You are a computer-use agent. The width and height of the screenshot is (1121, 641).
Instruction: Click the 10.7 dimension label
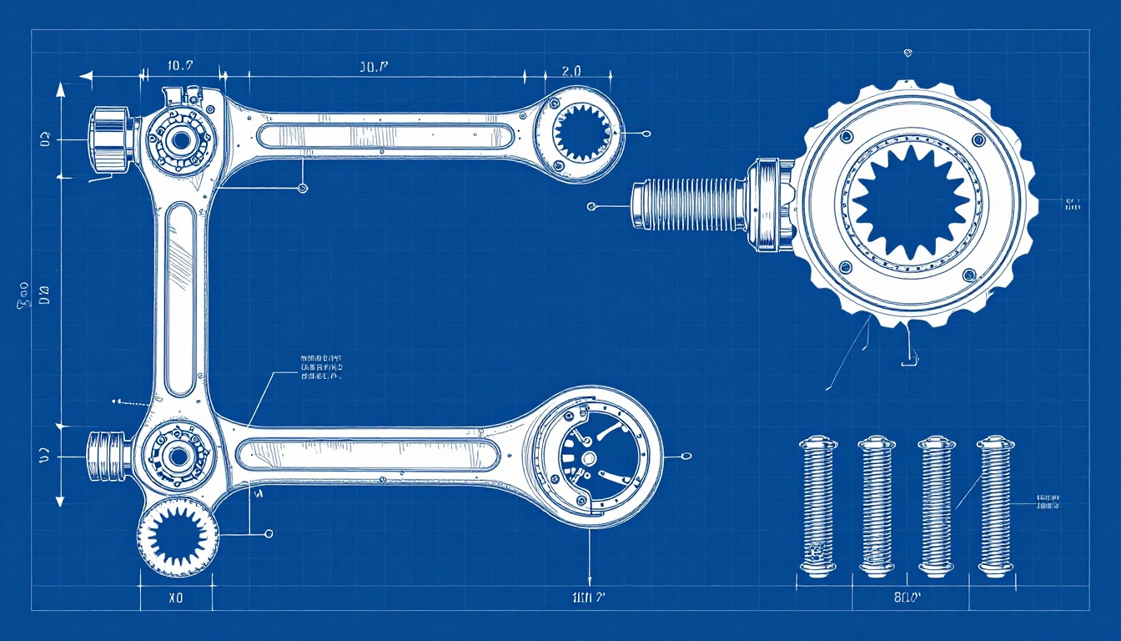click(181, 66)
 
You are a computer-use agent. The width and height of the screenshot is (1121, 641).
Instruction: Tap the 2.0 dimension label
click(571, 72)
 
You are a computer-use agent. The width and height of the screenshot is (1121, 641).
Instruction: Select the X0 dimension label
click(175, 598)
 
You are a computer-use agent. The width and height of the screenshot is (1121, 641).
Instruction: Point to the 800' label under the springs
click(907, 598)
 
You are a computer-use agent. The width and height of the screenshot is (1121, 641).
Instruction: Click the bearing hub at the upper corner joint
click(178, 139)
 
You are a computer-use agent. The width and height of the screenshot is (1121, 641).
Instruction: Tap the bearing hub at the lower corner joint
click(178, 455)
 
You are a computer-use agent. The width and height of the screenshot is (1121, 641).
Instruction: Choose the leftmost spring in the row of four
click(817, 506)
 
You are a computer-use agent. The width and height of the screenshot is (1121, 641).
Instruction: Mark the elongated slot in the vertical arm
click(180, 300)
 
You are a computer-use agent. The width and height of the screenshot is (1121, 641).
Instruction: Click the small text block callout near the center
click(320, 367)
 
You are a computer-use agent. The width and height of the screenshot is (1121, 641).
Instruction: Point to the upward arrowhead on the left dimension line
click(60, 90)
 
